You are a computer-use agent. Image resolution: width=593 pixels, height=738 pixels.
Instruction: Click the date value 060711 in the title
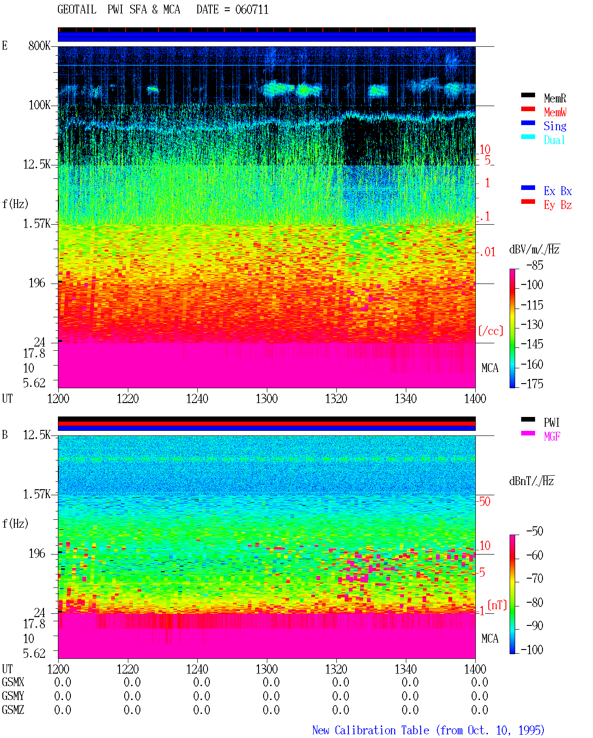point(252,10)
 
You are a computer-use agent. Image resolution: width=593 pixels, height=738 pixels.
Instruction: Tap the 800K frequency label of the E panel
point(39,45)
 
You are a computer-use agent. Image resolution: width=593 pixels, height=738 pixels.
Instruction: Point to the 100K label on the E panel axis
point(39,105)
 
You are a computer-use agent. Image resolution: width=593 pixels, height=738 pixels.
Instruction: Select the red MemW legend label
point(555,112)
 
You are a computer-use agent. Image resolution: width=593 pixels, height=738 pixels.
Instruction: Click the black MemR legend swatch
point(528,95)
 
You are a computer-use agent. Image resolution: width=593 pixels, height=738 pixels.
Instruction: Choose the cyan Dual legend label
point(555,140)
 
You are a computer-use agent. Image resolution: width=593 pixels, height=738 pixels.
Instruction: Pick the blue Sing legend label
point(555,126)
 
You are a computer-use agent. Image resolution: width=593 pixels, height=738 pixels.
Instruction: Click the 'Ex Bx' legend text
point(558,191)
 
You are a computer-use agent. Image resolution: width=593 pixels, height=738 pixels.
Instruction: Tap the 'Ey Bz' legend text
point(558,205)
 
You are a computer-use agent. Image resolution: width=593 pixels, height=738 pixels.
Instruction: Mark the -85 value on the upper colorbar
point(535,265)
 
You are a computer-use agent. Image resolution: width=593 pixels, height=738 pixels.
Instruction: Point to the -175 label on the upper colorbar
point(532,384)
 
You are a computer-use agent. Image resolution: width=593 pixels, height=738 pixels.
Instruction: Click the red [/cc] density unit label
point(491,331)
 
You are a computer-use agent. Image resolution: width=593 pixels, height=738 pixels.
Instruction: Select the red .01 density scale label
point(487,252)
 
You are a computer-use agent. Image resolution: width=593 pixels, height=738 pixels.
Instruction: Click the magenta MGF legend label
point(552,436)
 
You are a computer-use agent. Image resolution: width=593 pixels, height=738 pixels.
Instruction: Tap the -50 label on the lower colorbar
point(535,531)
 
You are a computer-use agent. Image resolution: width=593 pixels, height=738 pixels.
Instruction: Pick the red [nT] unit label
point(497,605)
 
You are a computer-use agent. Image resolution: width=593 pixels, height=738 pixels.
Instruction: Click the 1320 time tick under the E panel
point(336,399)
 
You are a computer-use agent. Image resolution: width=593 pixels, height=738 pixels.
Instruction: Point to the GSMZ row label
point(13,710)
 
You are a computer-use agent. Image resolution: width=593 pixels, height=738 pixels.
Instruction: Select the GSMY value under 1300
point(271,696)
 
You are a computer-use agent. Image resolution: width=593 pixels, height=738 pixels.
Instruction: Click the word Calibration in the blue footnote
point(382,730)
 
